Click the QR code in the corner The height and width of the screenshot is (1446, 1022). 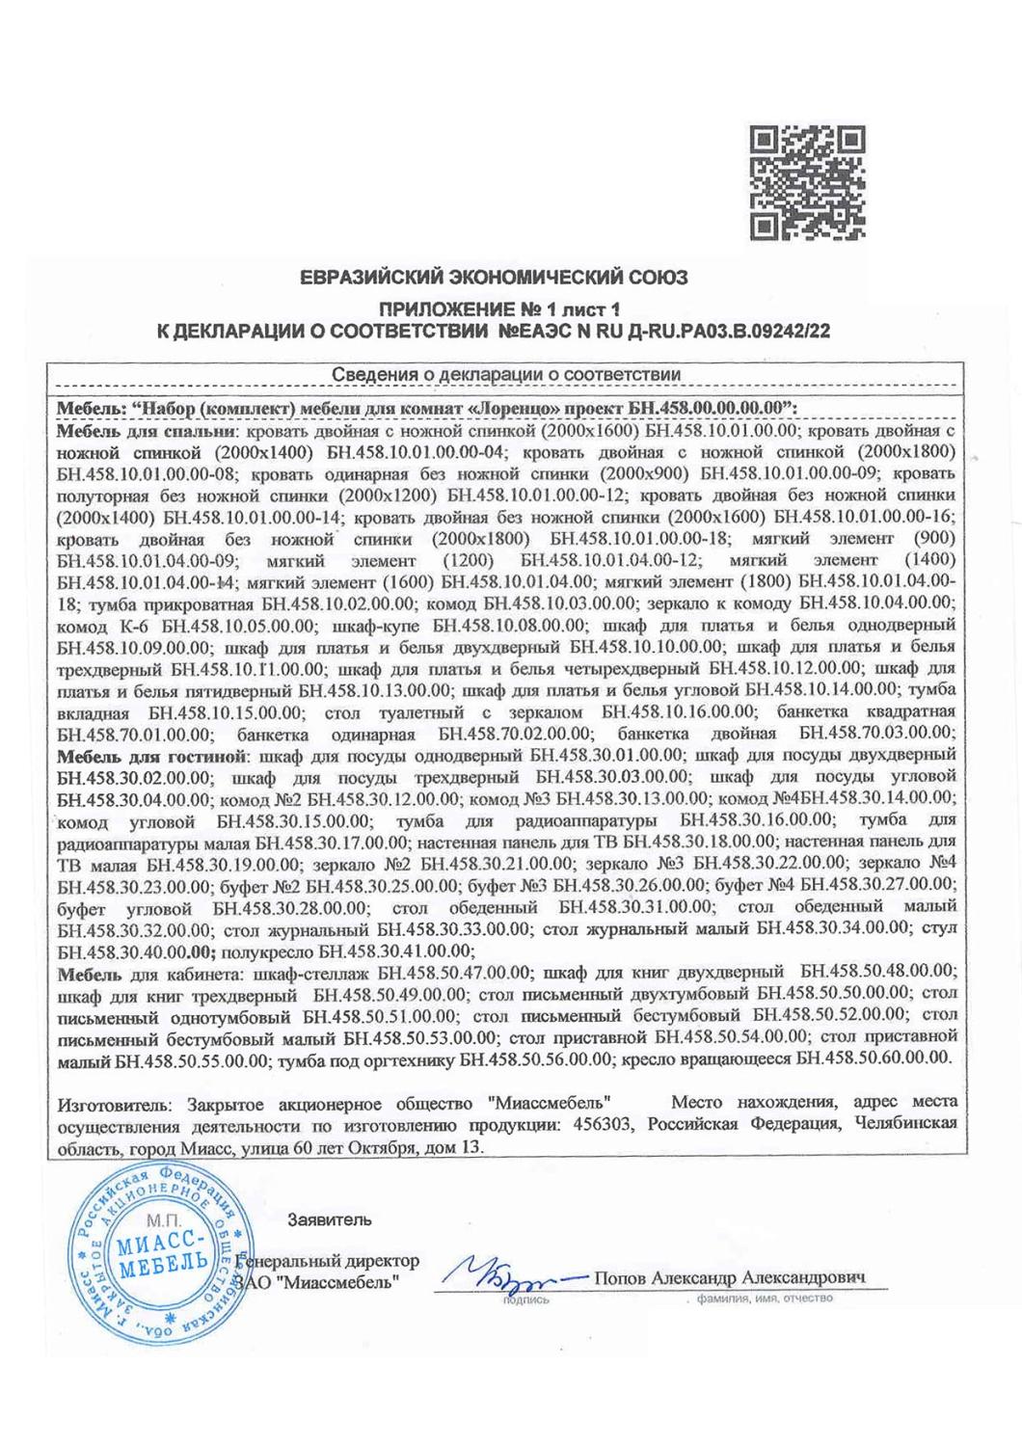pos(806,182)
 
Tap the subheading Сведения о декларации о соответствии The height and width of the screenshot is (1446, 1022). pos(506,374)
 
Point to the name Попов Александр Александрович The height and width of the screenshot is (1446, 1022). pos(730,1277)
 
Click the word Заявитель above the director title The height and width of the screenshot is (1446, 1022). pos(329,1219)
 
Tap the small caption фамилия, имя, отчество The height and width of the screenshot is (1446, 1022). pos(757,1299)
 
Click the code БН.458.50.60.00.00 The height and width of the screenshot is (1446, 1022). pos(873,1058)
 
